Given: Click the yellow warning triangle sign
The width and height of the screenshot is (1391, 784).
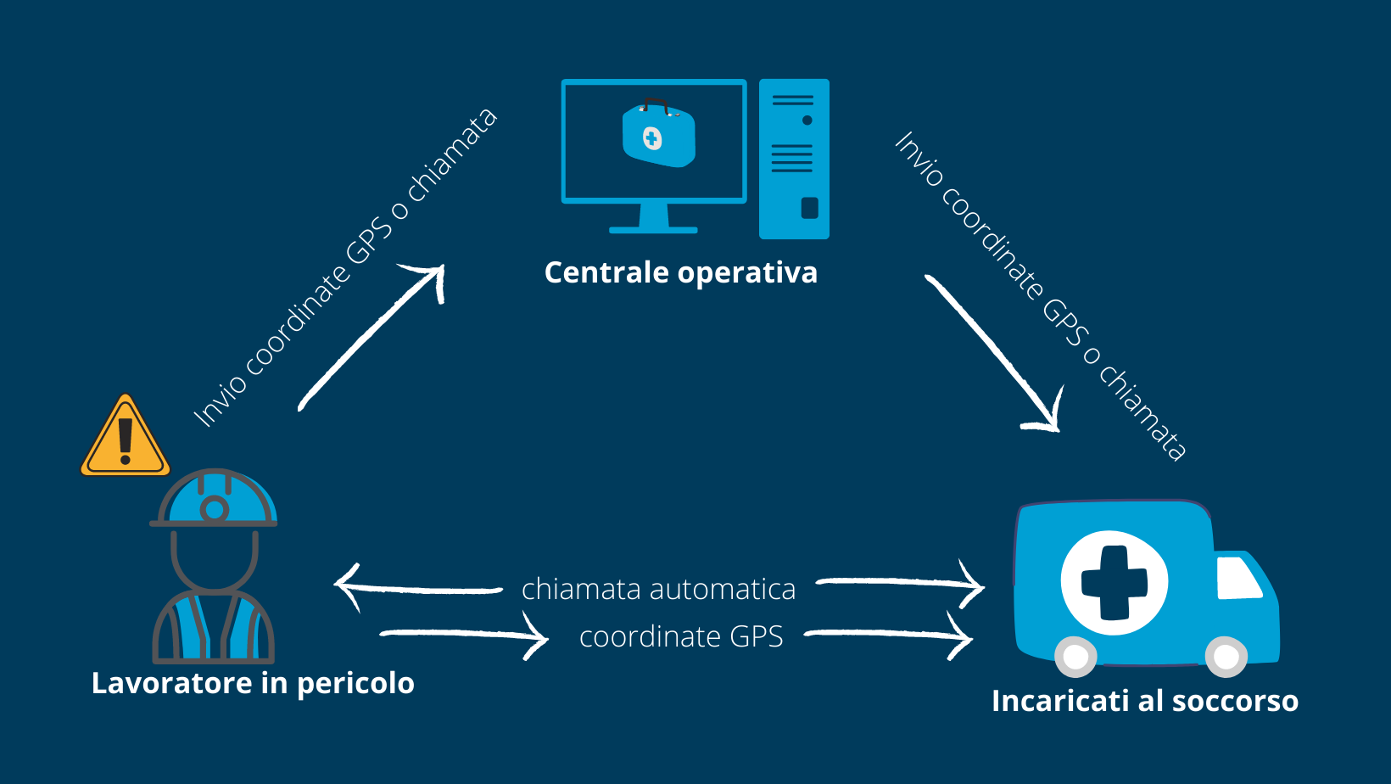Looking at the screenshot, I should click(126, 438).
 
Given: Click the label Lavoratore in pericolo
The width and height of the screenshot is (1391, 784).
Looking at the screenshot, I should click(253, 683).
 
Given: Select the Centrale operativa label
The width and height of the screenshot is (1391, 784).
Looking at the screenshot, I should click(680, 272).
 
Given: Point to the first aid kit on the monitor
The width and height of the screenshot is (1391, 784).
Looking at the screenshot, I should click(658, 136).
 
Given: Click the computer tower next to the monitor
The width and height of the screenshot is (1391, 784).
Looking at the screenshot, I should click(793, 159).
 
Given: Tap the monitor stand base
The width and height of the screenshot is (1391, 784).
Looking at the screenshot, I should click(653, 228).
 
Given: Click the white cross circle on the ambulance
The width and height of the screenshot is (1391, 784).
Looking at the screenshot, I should click(1114, 583).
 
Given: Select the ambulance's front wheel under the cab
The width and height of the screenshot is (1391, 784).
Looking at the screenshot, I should click(1226, 656).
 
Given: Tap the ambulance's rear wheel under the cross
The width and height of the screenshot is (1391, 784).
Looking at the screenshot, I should click(1075, 656).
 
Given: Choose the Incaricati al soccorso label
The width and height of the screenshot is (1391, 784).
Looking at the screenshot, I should click(1144, 701).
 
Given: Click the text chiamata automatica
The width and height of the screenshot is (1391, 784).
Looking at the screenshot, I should click(658, 589).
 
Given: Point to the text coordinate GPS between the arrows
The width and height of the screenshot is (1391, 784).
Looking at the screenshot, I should click(681, 636).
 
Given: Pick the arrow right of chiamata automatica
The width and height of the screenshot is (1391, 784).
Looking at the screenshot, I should click(899, 584).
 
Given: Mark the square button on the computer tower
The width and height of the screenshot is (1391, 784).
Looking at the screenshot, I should click(809, 208).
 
